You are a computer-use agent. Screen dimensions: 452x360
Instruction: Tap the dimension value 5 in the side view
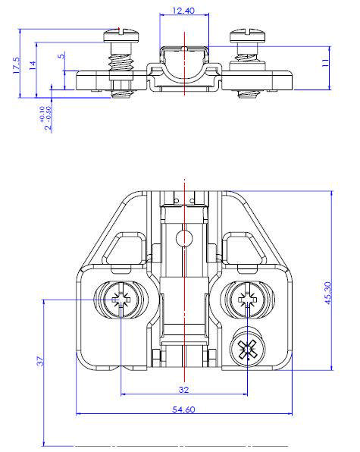61,57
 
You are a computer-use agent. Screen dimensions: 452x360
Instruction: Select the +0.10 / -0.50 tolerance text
45,116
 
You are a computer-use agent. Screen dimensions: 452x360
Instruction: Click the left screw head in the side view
120,34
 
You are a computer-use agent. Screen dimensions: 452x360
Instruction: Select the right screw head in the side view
246,34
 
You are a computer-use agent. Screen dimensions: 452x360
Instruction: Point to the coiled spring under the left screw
120,63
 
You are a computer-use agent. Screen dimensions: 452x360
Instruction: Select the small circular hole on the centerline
183,240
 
